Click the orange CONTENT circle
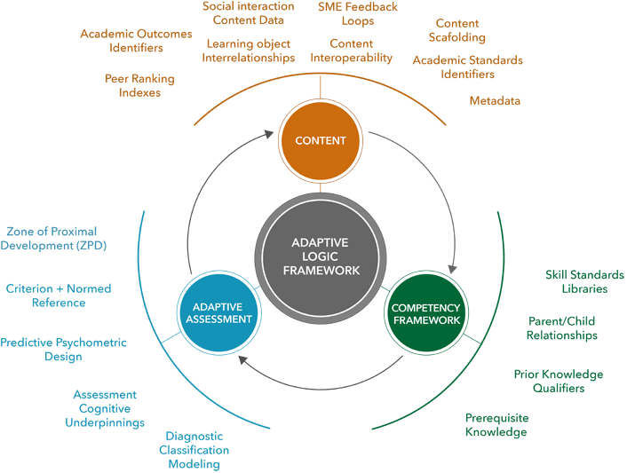(320, 140)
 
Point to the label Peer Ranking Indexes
(139, 85)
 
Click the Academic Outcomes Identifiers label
(135, 41)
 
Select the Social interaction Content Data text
(248, 12)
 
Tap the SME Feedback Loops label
(358, 14)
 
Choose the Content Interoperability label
(351, 51)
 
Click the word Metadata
(495, 100)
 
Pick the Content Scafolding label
(457, 30)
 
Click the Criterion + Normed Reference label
(59, 296)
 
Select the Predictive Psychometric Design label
(63, 350)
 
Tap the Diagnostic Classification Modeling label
(194, 450)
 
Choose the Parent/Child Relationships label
(561, 328)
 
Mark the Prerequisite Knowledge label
(496, 425)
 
